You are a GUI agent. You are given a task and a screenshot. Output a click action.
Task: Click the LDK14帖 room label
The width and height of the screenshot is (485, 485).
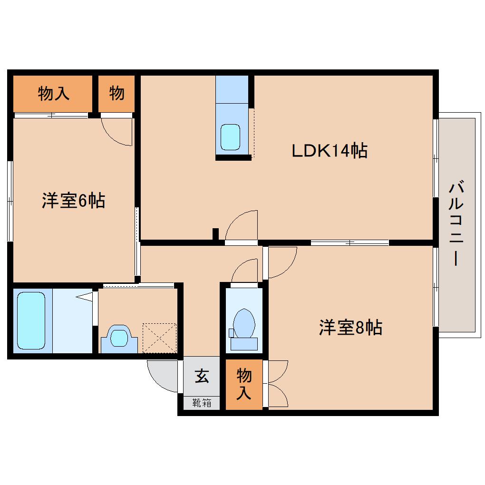(329, 151)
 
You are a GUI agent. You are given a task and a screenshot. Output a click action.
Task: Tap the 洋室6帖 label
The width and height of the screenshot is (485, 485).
(73, 201)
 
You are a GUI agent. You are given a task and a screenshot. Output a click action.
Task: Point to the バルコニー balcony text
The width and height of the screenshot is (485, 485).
(456, 223)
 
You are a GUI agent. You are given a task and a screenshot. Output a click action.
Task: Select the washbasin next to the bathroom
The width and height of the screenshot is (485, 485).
(119, 338)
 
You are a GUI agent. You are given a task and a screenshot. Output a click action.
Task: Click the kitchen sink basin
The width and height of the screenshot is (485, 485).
(232, 137)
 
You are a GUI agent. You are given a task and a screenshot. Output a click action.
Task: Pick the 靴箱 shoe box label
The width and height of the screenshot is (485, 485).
(202, 403)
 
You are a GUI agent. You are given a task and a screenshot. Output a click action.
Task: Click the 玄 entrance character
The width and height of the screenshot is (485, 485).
(202, 377)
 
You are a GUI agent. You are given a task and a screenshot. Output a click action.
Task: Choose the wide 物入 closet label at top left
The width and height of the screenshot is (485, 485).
(54, 94)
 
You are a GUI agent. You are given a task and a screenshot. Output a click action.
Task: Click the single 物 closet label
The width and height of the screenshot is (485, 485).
(117, 93)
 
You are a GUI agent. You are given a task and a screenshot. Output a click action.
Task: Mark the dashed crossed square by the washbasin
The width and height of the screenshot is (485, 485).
(160, 338)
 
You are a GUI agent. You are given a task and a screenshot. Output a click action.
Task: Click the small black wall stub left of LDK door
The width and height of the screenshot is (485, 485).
(215, 234)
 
